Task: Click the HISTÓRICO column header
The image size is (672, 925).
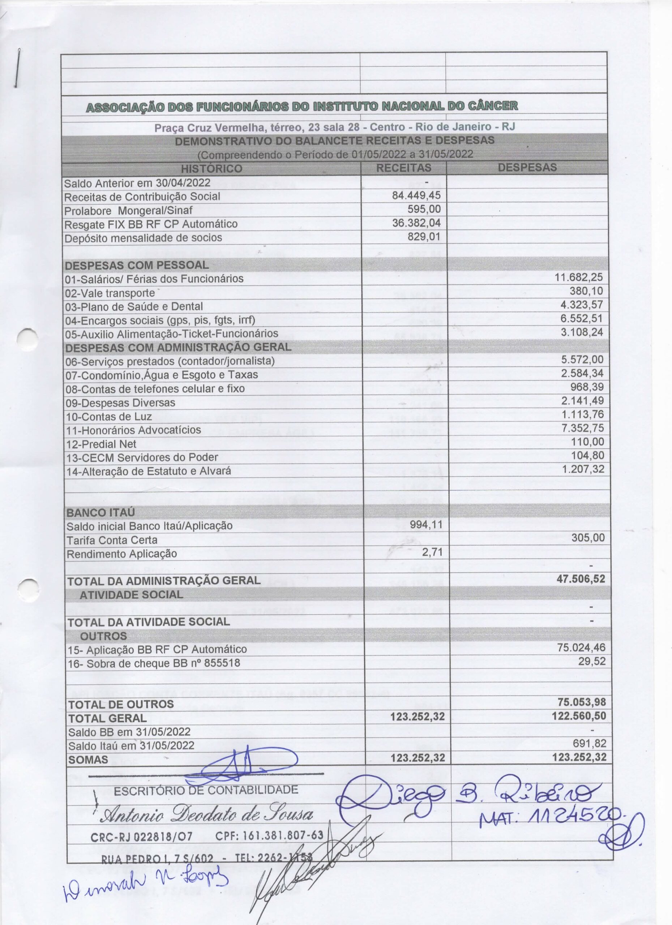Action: point(211,168)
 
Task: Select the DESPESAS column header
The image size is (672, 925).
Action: point(527,167)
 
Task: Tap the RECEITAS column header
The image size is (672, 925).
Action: point(403,168)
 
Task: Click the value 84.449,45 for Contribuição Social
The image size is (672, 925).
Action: point(416,195)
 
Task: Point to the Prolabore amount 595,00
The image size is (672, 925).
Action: point(424,209)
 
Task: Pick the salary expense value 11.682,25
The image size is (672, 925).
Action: point(579,278)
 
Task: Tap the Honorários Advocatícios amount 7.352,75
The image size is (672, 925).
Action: point(582,428)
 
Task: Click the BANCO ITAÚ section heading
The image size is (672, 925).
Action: point(100,512)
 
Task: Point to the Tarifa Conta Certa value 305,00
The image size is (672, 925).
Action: point(588,538)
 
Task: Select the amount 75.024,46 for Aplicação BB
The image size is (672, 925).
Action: point(581,647)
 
